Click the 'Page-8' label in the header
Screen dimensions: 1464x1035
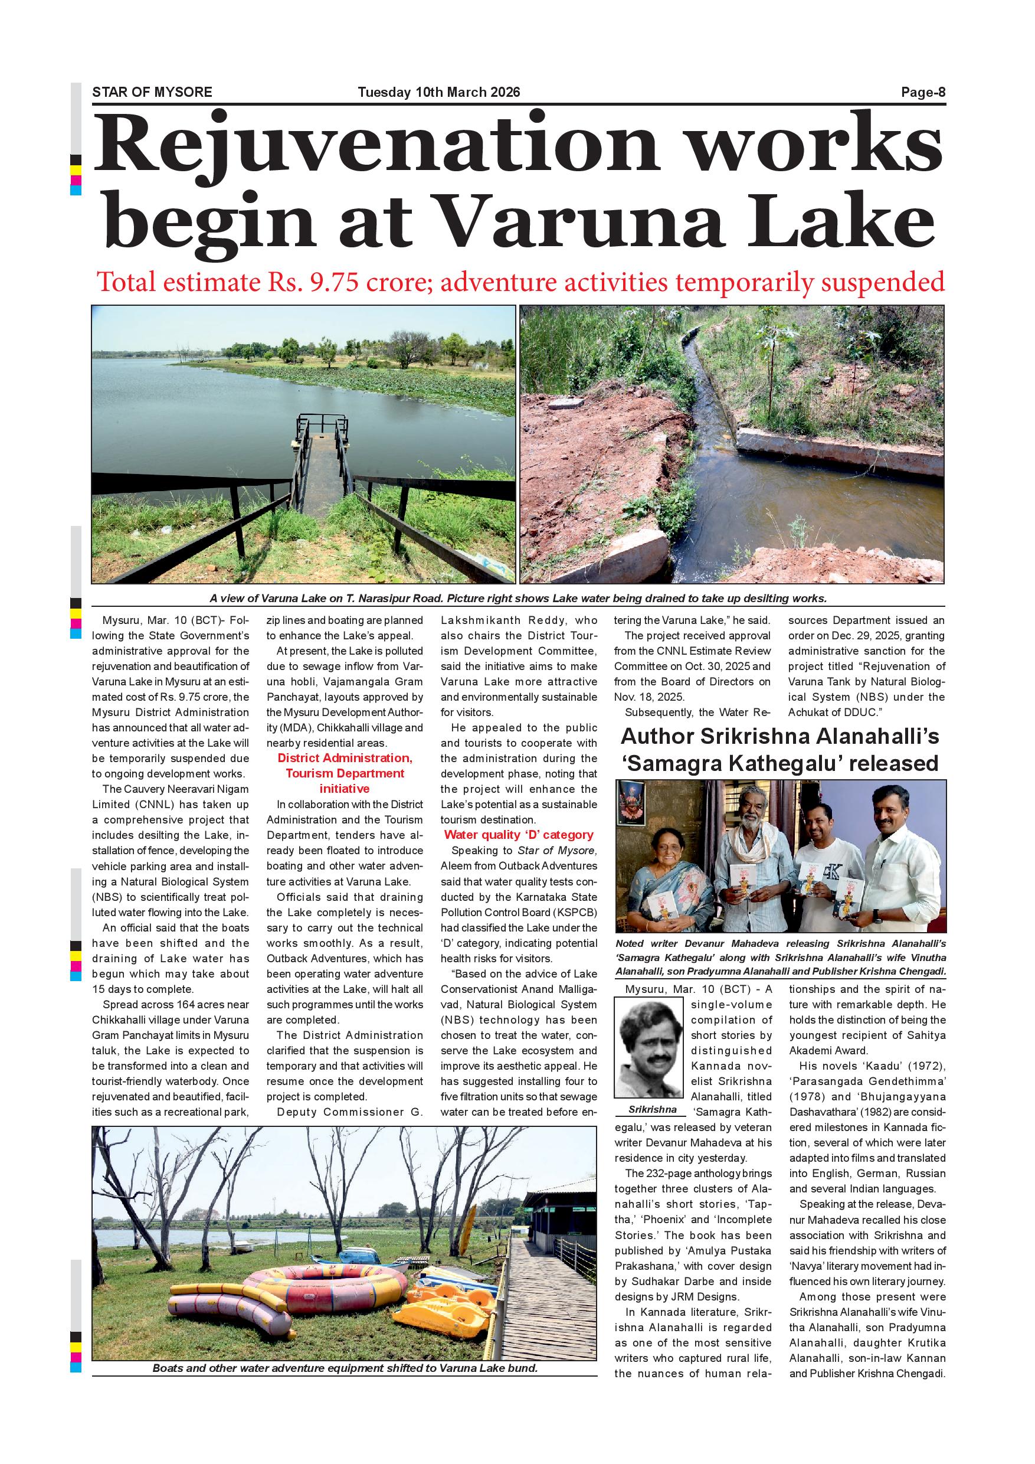coord(923,93)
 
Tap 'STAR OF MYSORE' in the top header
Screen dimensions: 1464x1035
coord(152,93)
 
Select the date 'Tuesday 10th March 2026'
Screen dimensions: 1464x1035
coord(438,93)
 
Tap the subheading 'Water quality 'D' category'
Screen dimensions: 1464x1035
coord(518,835)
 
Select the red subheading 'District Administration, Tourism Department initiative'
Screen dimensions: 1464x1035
coord(345,773)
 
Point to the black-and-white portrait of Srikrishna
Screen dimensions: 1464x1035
coord(648,1055)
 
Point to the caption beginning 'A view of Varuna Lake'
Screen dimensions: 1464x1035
coord(517,599)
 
